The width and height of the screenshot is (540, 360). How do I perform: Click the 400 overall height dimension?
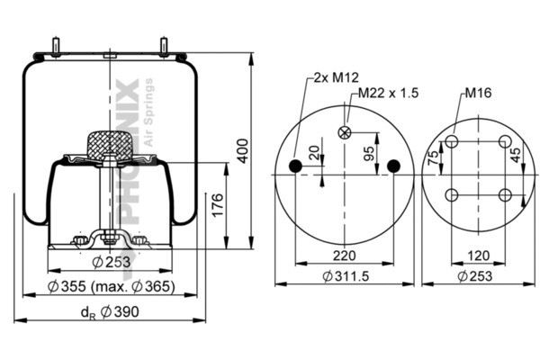(x=243, y=151)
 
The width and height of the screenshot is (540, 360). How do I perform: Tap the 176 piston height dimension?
(x=218, y=205)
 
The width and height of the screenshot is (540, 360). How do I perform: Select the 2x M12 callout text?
(x=336, y=77)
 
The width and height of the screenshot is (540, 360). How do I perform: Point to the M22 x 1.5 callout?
(x=388, y=93)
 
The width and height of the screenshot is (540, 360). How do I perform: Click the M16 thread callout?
(x=478, y=93)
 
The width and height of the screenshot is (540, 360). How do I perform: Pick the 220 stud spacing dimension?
(x=345, y=256)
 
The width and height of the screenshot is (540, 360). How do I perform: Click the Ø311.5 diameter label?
(x=346, y=276)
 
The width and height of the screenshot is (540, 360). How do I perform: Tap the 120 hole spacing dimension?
(x=479, y=256)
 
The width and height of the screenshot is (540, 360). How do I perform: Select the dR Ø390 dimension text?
(x=110, y=312)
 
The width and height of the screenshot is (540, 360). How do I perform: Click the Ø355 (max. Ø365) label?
(x=111, y=286)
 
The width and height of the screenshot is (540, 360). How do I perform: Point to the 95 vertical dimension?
(x=368, y=154)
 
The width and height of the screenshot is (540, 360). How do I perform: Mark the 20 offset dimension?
(x=314, y=153)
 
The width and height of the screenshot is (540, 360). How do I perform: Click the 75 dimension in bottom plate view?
(x=433, y=158)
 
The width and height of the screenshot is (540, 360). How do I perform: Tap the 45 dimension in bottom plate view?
(x=516, y=155)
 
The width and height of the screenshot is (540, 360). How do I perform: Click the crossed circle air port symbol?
(x=345, y=132)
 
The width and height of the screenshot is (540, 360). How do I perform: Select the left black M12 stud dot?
(x=295, y=166)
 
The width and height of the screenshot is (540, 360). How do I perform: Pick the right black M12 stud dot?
(x=393, y=166)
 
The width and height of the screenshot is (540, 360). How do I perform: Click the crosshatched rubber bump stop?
(x=110, y=146)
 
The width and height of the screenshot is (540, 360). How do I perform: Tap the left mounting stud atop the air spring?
(x=55, y=46)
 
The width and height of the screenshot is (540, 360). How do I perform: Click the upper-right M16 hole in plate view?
(x=505, y=141)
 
